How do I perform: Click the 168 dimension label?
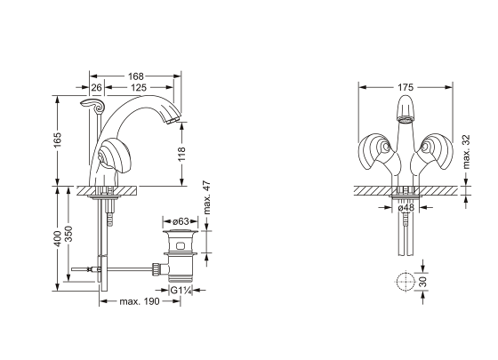[x=135, y=76]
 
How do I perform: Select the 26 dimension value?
[x=97, y=87]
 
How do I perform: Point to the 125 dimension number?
[x=139, y=87]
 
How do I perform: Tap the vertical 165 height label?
[x=57, y=140]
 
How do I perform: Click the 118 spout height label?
[x=181, y=154]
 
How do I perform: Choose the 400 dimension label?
[x=57, y=238]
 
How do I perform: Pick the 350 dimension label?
[x=68, y=234]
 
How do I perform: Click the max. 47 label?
[x=206, y=197]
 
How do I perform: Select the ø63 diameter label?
[x=181, y=221]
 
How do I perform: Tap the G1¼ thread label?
[x=181, y=290]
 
